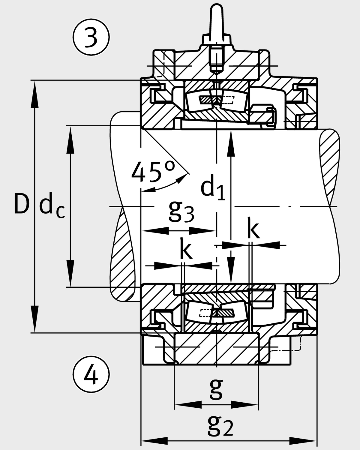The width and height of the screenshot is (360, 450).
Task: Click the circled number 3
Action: (91, 37)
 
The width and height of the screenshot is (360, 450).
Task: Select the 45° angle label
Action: (153, 172)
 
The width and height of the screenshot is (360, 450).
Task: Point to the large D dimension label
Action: (22, 205)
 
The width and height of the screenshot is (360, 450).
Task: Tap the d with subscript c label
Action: (51, 207)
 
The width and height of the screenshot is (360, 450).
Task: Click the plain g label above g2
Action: (216, 389)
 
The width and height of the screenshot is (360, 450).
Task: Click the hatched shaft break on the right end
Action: (330, 168)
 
